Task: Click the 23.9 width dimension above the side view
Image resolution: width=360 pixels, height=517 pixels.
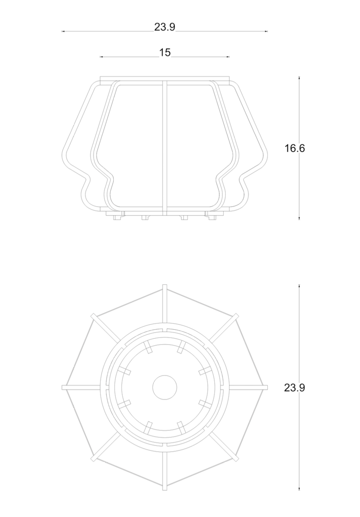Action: (165, 27)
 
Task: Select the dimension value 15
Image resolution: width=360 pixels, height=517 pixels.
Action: (165, 53)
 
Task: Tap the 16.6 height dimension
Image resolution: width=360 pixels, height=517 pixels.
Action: (295, 148)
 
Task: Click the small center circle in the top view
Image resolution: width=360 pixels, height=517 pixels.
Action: (165, 387)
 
